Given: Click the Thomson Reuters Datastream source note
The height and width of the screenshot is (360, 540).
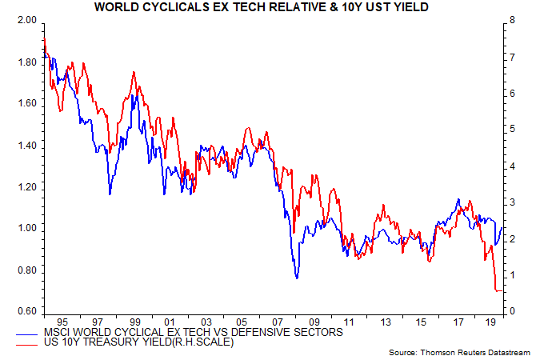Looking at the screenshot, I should coord(462,353).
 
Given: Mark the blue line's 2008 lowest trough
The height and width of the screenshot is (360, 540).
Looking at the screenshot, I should coord(297,278).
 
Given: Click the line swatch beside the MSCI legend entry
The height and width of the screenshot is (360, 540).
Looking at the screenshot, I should coord(35,331).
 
